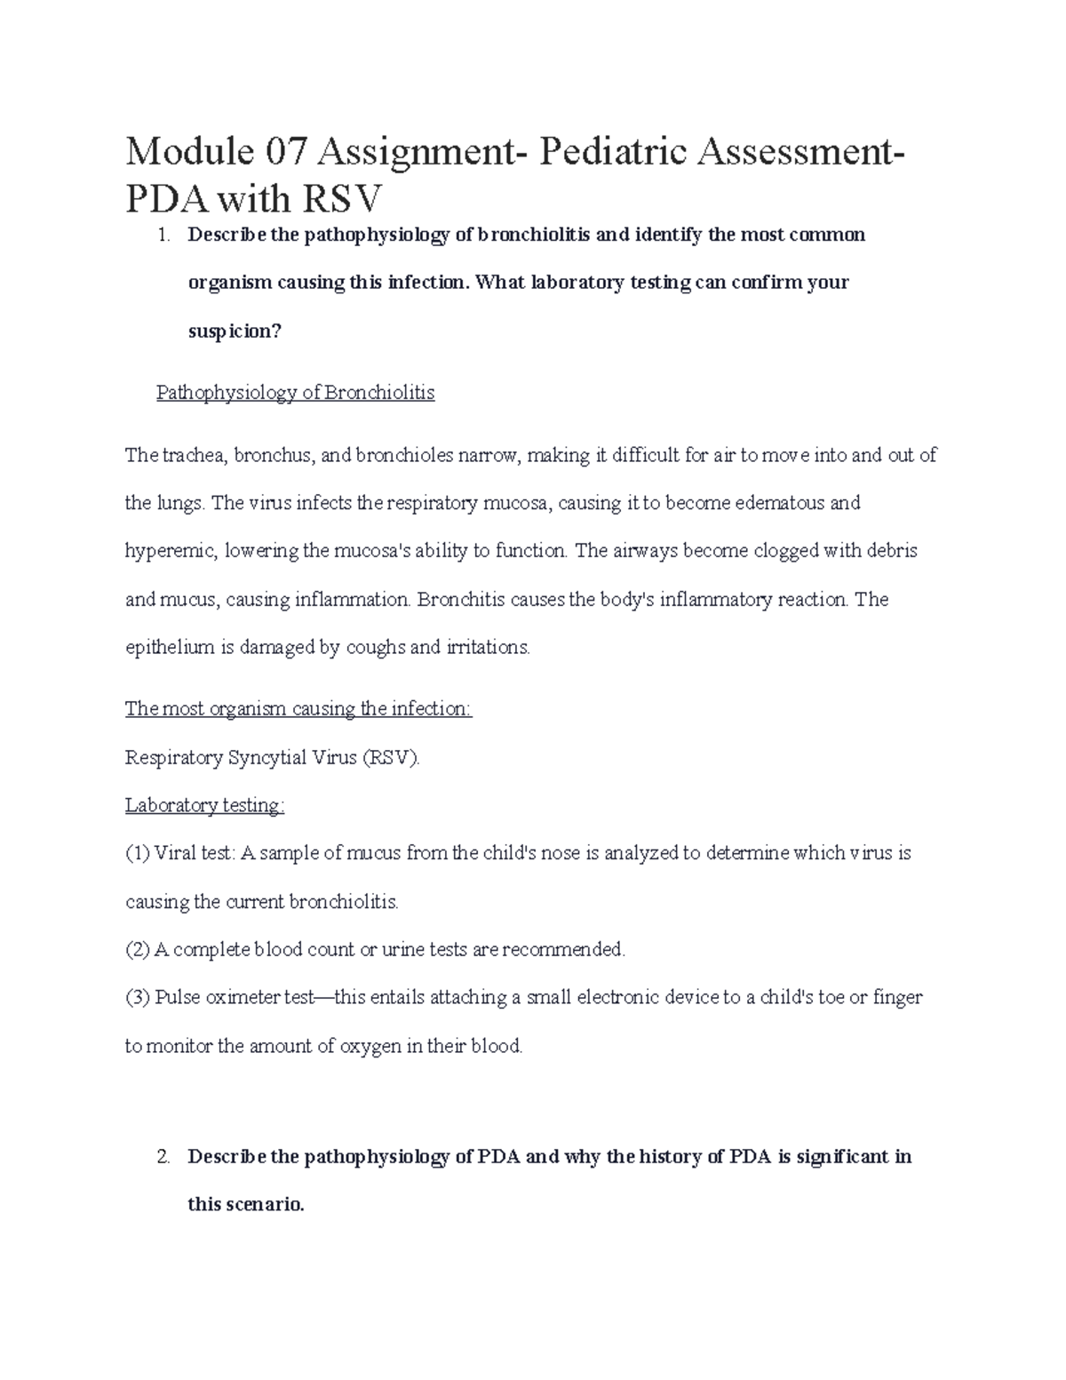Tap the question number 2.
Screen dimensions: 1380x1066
[x=162, y=1158]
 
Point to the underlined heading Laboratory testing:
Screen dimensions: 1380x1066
[x=204, y=805]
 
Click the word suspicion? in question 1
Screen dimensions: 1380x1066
[x=235, y=331]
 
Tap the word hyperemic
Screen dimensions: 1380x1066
[x=170, y=551]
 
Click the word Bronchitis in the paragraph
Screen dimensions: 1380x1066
[x=460, y=600]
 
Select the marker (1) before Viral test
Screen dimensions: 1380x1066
[x=138, y=853]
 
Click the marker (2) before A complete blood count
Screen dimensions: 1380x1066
[x=138, y=950]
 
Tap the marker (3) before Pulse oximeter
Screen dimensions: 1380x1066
[x=138, y=997]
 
